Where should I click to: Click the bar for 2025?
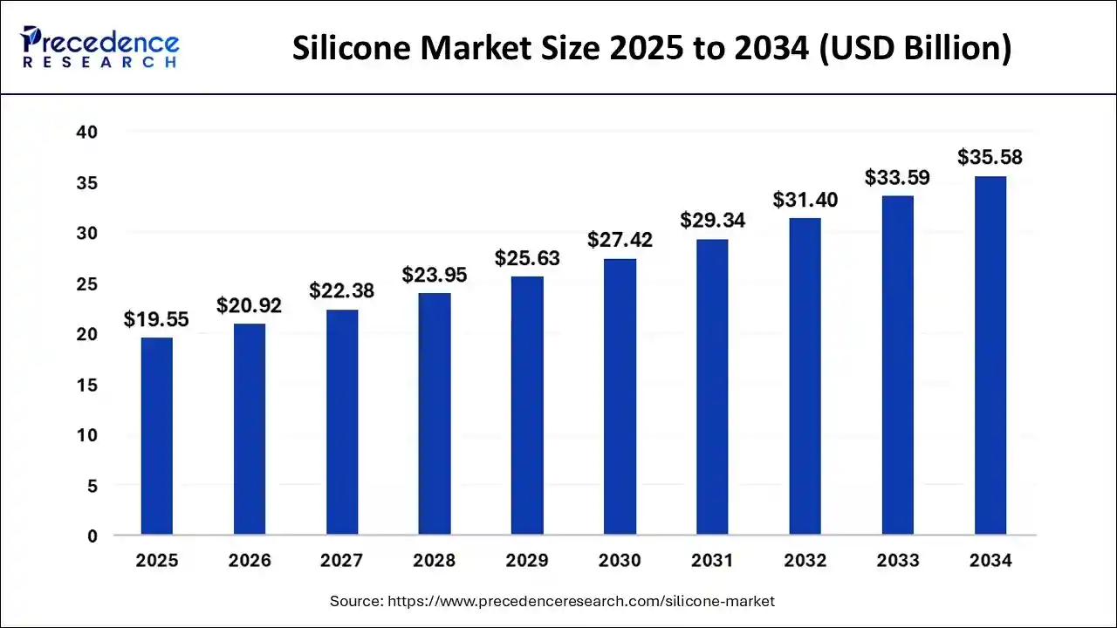(x=157, y=436)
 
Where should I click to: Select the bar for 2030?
(x=620, y=397)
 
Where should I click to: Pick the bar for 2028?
(x=435, y=413)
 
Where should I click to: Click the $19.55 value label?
(x=156, y=320)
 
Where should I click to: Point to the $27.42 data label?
(x=620, y=241)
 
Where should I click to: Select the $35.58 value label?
(x=990, y=158)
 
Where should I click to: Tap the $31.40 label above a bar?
(x=805, y=201)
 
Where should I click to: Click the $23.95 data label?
(x=435, y=276)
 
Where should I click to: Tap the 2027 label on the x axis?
(x=341, y=561)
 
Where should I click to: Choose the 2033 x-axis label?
(x=897, y=561)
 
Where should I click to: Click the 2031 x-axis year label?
(x=712, y=561)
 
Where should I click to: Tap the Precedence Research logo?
(x=101, y=47)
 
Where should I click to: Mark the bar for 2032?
(x=805, y=376)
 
